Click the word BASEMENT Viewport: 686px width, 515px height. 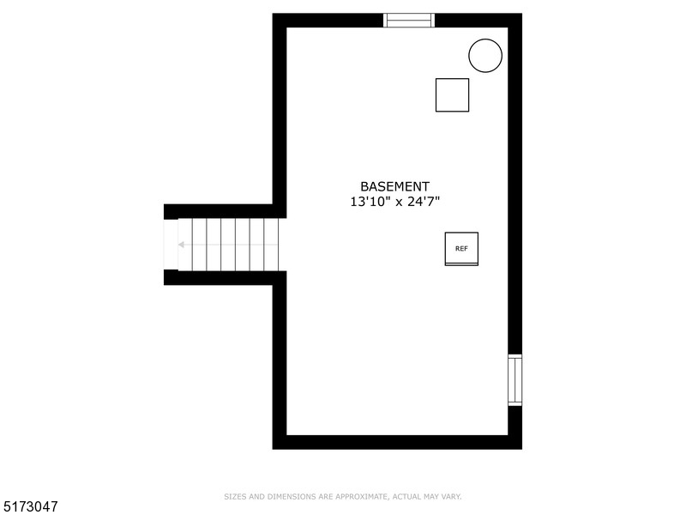[394, 186]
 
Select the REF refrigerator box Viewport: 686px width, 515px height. [461, 248]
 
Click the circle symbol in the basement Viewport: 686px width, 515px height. [485, 55]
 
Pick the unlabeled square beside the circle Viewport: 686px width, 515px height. [452, 94]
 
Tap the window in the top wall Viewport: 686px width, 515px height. [409, 21]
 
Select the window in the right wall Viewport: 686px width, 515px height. [514, 379]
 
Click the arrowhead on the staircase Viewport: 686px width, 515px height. [182, 245]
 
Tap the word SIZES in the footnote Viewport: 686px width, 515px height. [233, 496]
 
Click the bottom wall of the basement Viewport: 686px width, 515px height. [397, 442]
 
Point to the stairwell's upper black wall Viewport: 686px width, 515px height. [219, 211]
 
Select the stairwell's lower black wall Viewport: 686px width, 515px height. [219, 277]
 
